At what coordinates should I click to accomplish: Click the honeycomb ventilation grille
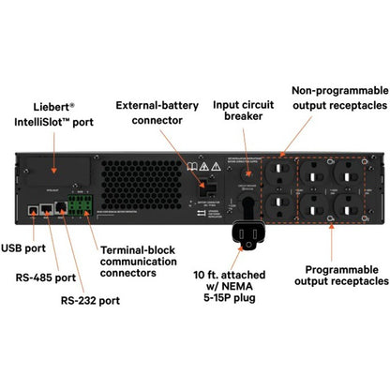point(136,178)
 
